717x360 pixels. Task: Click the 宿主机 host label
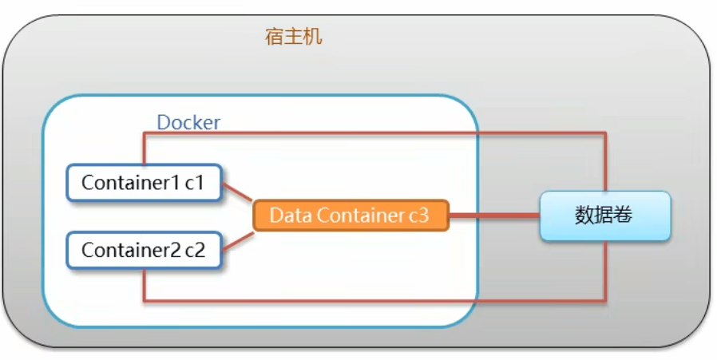coord(293,37)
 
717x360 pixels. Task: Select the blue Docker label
coord(188,122)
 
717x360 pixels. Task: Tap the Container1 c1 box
coord(143,183)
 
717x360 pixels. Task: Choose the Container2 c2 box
coord(143,250)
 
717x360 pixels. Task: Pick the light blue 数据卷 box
coord(604,216)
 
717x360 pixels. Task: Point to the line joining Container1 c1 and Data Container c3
coord(237,192)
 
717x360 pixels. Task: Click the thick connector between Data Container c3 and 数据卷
coord(494,216)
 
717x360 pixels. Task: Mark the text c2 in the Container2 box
coord(194,250)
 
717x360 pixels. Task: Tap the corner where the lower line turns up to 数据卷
coord(604,301)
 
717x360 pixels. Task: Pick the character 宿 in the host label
coord(275,37)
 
